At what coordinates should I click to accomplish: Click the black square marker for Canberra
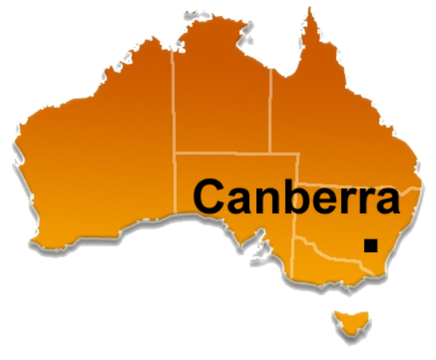click(x=370, y=244)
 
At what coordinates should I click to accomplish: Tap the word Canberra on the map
click(x=296, y=196)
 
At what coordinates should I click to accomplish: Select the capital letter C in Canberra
click(x=212, y=196)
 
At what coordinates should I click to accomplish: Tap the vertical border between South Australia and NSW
click(x=297, y=221)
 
